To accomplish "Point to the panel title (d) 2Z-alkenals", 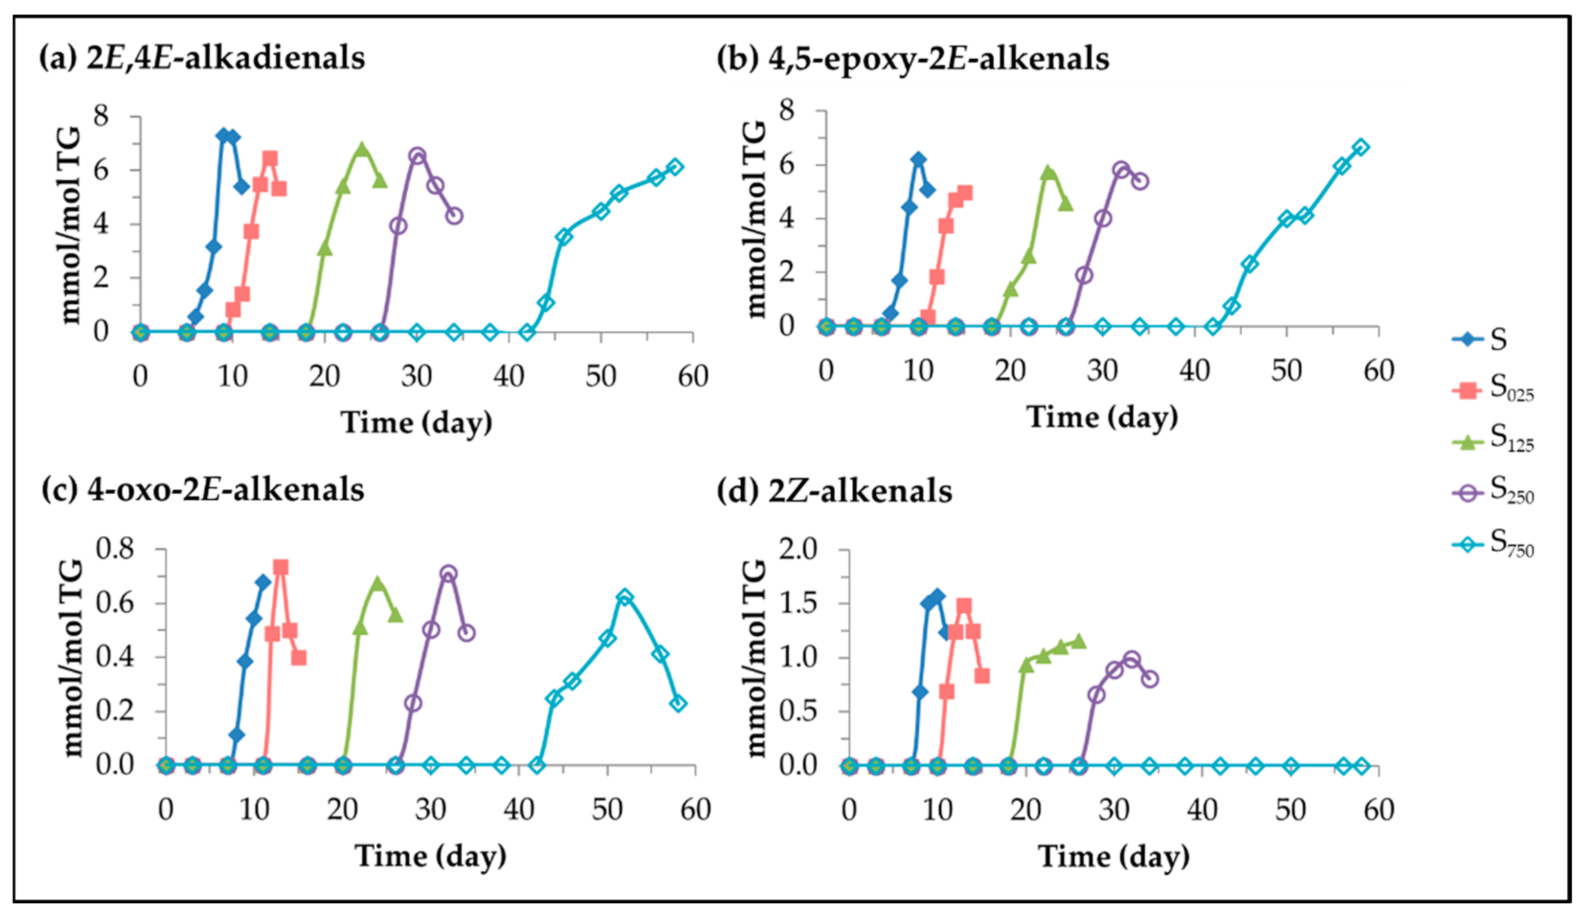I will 834,491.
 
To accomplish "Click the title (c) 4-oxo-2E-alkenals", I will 202,489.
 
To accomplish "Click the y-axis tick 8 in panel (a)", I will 100,116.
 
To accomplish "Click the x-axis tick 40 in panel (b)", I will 1194,371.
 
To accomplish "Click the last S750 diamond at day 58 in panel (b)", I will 1360,147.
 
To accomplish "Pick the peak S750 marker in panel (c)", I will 625,597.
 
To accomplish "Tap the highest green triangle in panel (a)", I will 361,149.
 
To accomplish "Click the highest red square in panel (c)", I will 281,567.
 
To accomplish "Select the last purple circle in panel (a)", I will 455,216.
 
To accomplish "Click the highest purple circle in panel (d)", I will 1131,660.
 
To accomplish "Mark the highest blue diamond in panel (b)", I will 918,159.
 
